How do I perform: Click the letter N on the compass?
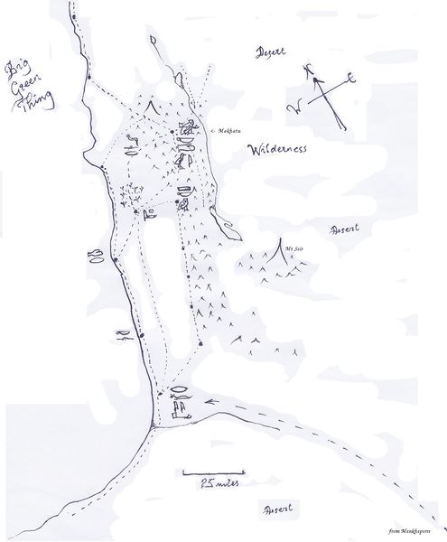[x=311, y=69]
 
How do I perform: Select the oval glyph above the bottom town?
[x=181, y=392]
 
